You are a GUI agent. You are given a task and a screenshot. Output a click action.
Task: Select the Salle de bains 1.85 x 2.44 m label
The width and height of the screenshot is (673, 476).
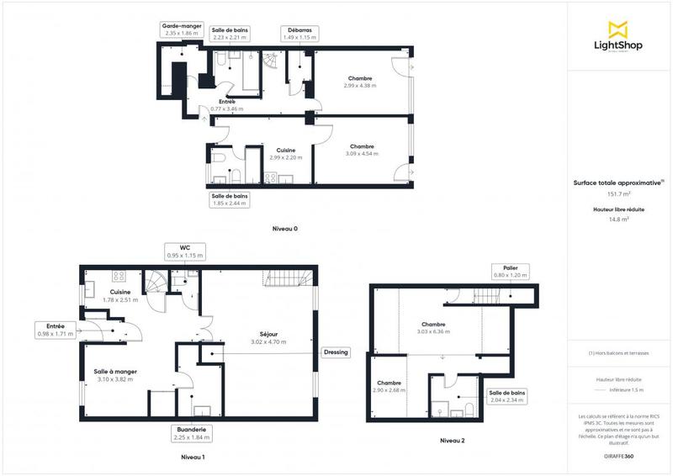pyautogui.click(x=230, y=199)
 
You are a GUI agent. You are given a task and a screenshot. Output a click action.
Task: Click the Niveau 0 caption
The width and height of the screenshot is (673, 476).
pyautogui.click(x=285, y=229)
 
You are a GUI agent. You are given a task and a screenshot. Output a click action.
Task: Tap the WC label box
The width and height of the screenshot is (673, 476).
pyautogui.click(x=183, y=251)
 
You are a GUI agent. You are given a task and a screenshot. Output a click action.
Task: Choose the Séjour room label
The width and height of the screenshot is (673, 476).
pyautogui.click(x=268, y=337)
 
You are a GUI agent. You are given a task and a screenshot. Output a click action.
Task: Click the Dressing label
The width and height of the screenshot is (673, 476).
pyautogui.click(x=336, y=352)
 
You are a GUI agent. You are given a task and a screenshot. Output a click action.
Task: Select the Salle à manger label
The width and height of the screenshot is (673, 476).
pyautogui.click(x=115, y=375)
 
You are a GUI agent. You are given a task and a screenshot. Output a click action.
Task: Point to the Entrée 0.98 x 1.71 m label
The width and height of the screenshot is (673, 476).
pyautogui.click(x=55, y=329)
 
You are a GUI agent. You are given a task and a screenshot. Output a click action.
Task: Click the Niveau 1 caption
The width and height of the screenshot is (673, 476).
pyautogui.click(x=193, y=457)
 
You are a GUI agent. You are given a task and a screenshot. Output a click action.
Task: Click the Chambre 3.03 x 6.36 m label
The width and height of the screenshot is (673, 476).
pyautogui.click(x=434, y=328)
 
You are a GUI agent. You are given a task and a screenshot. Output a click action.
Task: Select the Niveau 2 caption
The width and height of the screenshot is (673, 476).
pyautogui.click(x=452, y=441)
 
